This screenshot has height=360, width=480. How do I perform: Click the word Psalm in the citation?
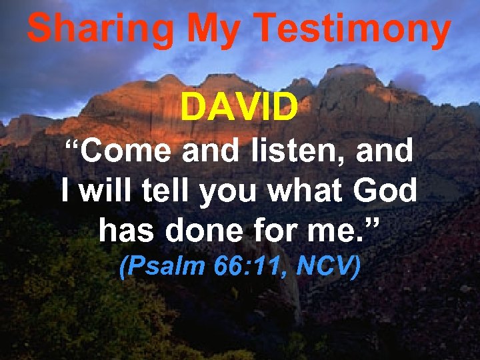(x=163, y=267)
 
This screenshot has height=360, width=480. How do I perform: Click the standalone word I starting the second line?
(x=65, y=191)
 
